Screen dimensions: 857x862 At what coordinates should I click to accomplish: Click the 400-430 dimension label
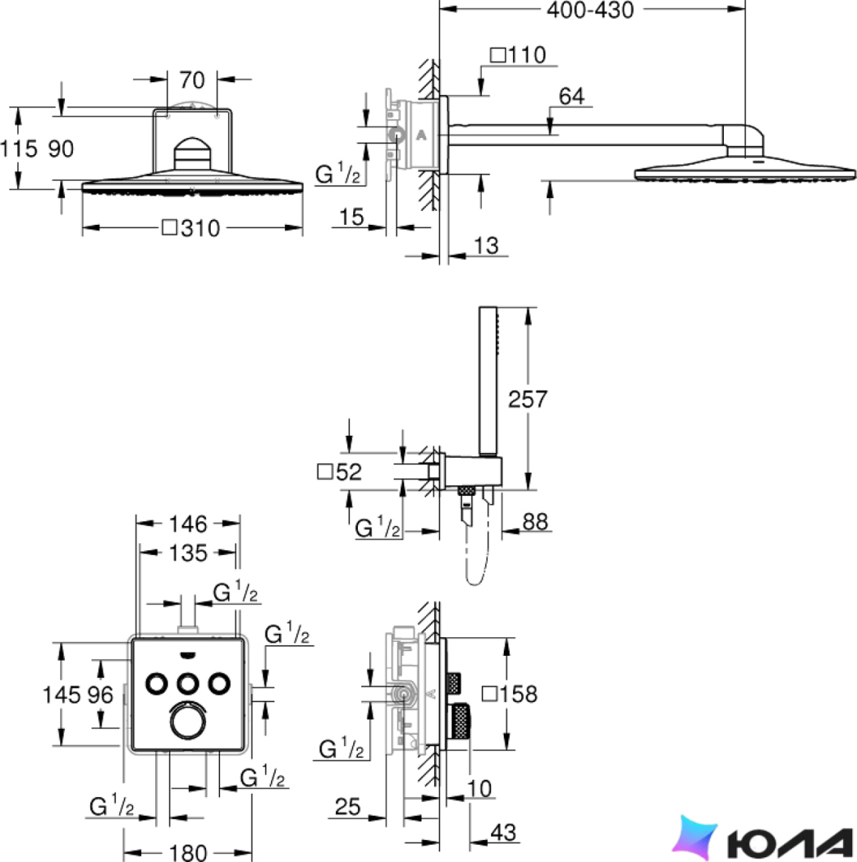590,10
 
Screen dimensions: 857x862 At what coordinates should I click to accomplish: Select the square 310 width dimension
191,228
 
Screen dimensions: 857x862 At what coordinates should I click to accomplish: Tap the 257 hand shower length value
527,399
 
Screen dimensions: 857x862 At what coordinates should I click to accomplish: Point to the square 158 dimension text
510,694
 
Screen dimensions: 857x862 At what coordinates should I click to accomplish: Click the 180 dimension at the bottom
188,853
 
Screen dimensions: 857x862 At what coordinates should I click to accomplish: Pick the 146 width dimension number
188,524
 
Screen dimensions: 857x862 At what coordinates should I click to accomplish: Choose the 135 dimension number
188,553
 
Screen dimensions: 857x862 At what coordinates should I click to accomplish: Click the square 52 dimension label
340,472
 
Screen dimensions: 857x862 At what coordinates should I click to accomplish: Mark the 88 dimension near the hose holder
535,521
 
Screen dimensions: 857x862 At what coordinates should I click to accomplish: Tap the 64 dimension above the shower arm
572,96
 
